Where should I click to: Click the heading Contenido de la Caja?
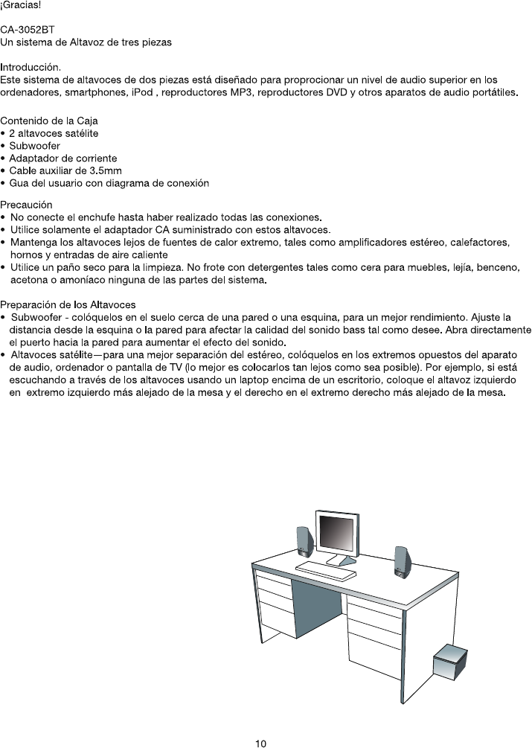(x=49, y=121)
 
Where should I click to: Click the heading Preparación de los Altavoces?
(x=68, y=305)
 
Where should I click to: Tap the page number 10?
(x=260, y=742)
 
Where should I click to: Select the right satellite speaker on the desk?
(x=403, y=562)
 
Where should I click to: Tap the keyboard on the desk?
(x=327, y=571)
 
